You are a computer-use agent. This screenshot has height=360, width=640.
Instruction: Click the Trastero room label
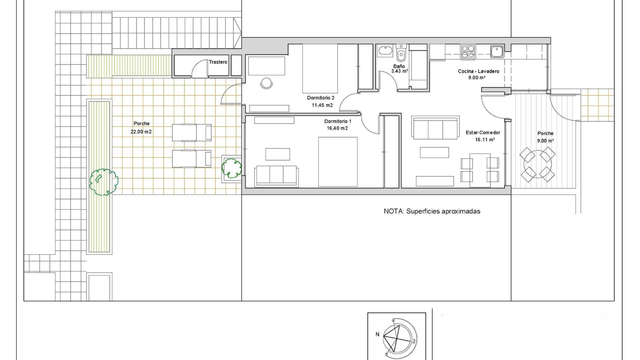(x=218, y=62)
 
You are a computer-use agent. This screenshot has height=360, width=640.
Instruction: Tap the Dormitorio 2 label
(x=320, y=98)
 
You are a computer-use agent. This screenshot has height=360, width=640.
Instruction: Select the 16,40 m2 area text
(x=337, y=128)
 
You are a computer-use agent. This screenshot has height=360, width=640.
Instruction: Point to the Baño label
(x=399, y=66)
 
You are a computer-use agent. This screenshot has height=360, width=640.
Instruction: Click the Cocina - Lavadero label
(x=478, y=71)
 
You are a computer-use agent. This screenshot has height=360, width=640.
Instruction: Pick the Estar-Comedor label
(x=483, y=133)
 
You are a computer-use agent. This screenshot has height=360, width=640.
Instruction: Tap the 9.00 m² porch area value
(x=545, y=141)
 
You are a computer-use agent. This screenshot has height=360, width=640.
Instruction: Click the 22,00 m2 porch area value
(x=141, y=132)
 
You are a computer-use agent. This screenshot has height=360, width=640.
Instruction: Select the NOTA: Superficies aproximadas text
(x=432, y=211)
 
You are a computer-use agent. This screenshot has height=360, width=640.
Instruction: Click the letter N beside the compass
(x=377, y=334)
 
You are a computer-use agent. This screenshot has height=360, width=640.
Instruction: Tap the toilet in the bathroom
(x=401, y=52)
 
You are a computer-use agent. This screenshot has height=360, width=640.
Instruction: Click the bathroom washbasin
(x=386, y=51)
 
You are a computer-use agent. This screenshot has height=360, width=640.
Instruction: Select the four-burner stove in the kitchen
(x=468, y=52)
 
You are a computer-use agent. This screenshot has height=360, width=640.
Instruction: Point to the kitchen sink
(x=496, y=51)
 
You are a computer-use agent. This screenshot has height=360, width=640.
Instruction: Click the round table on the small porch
(x=537, y=164)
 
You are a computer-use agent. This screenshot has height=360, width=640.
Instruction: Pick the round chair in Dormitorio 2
(x=266, y=83)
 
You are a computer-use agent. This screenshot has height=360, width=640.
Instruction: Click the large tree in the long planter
(x=103, y=182)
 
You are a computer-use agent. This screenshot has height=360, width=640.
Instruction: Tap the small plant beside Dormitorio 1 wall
(x=232, y=168)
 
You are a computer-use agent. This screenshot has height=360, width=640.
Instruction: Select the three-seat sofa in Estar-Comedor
(x=435, y=128)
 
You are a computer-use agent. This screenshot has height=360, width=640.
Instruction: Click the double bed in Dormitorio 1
(x=338, y=162)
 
